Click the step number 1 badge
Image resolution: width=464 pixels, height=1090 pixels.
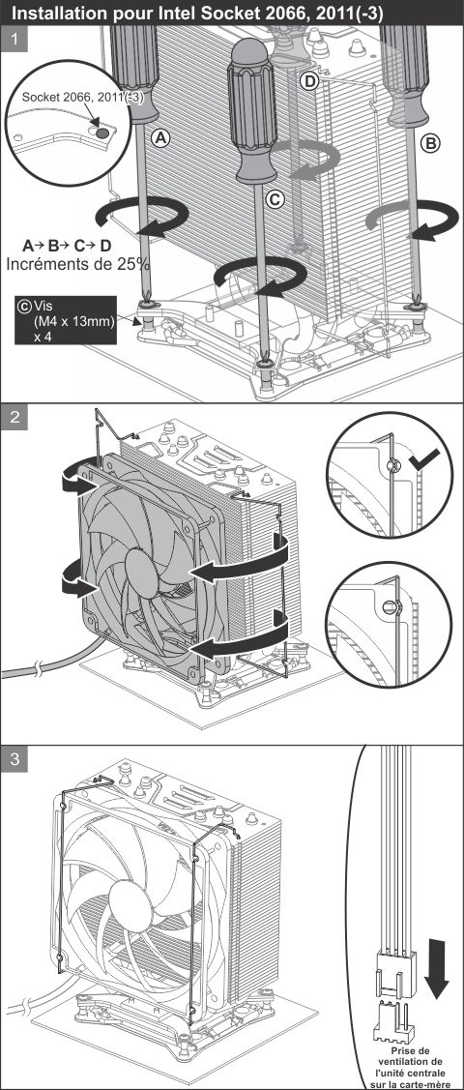(x=14, y=40)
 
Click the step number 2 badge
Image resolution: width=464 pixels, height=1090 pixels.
(x=14, y=419)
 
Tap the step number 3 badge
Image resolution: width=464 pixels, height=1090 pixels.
(x=14, y=760)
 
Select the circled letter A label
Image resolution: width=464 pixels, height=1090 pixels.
(x=161, y=139)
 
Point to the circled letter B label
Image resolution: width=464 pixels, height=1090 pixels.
(x=431, y=144)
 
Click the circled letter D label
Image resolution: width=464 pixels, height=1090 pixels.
(x=309, y=82)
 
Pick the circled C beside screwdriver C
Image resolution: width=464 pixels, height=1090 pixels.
(x=275, y=199)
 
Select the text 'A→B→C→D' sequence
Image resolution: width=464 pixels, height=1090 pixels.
(x=67, y=246)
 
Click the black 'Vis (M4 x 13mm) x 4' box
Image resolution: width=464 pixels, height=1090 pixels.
(x=66, y=320)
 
